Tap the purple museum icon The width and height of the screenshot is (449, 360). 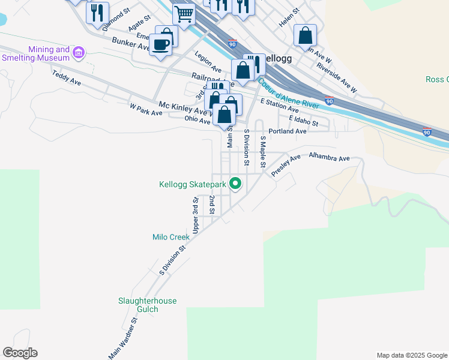pyautogui.click(x=78, y=53)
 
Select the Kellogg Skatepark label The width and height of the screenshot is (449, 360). pyautogui.click(x=192, y=185)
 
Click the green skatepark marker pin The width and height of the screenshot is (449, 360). pyautogui.click(x=235, y=184)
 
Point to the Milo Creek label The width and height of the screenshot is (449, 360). pyautogui.click(x=170, y=237)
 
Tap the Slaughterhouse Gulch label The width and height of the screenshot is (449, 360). pyautogui.click(x=147, y=305)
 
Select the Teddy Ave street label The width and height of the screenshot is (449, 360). pyautogui.click(x=66, y=77)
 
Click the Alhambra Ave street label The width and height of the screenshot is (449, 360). pyautogui.click(x=329, y=158)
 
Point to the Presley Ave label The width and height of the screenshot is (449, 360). pyautogui.click(x=286, y=166)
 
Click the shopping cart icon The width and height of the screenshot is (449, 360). pyautogui.click(x=183, y=13)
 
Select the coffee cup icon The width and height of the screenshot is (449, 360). pyautogui.click(x=161, y=44)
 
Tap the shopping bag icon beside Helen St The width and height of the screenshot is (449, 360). pyautogui.click(x=305, y=35)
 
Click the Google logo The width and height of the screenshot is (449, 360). pyautogui.click(x=20, y=353)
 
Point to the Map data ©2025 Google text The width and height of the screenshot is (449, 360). pyautogui.click(x=412, y=355)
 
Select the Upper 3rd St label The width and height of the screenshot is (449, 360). pyautogui.click(x=196, y=217)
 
